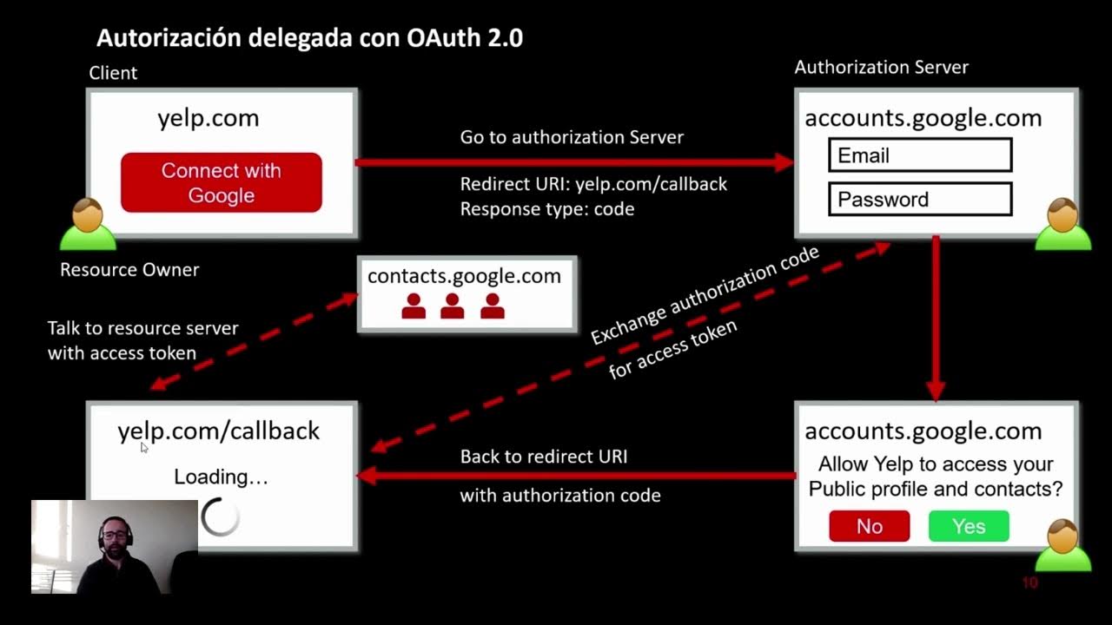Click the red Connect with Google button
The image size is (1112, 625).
pos(221,182)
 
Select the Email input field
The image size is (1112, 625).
pos(920,155)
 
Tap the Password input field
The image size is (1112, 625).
pos(920,199)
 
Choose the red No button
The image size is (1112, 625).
pos(869,526)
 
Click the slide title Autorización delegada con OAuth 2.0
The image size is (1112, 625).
pos(309,38)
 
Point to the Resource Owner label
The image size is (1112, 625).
pos(129,270)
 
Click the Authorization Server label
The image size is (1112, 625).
pos(881,68)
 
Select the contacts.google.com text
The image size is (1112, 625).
pos(464,276)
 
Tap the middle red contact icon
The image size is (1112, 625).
pos(452,306)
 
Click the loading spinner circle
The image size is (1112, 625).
pos(220,518)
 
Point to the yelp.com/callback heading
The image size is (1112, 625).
pos(219,431)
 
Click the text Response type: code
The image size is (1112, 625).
pos(546,209)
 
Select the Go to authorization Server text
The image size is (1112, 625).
pos(572,137)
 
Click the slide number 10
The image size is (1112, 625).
pos(1029,582)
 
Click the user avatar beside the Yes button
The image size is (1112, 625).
pos(1062,547)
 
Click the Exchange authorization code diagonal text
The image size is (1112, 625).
pos(705,295)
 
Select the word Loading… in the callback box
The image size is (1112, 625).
pos(221,477)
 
